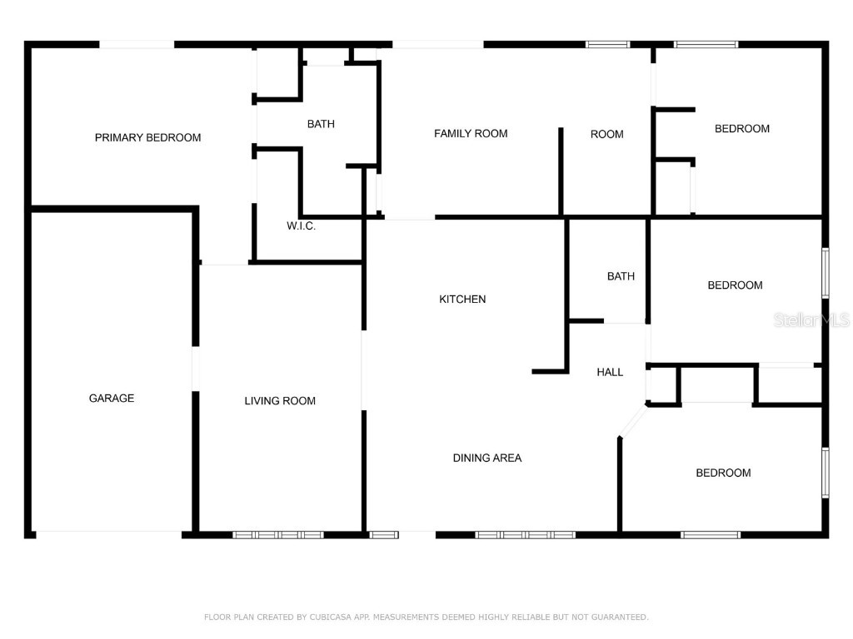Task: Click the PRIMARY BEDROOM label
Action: pyautogui.click(x=147, y=137)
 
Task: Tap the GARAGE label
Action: pyautogui.click(x=112, y=398)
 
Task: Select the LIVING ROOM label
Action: pyautogui.click(x=280, y=401)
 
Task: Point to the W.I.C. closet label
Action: pyautogui.click(x=301, y=226)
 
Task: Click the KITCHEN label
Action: pyautogui.click(x=462, y=300)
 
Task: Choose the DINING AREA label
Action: pyautogui.click(x=487, y=458)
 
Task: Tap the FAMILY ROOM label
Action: pyautogui.click(x=471, y=133)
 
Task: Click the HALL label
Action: pyautogui.click(x=610, y=372)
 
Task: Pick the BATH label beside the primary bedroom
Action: pyautogui.click(x=321, y=124)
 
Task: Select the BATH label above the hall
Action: pyautogui.click(x=621, y=276)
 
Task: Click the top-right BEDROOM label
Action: pyautogui.click(x=742, y=128)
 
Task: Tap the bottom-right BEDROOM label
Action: pyautogui.click(x=723, y=473)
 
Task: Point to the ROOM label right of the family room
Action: pyautogui.click(x=606, y=134)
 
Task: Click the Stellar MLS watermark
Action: pyautogui.click(x=811, y=320)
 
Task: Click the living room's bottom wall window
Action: pyautogui.click(x=277, y=534)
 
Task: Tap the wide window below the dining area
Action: pyautogui.click(x=525, y=534)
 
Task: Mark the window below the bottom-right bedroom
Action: pyautogui.click(x=710, y=534)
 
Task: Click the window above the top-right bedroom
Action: pyautogui.click(x=706, y=44)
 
